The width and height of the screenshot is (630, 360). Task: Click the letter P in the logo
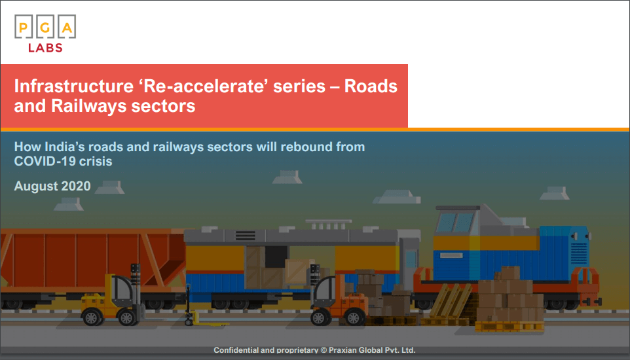pos(24,27)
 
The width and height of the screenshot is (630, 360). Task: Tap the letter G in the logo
pos(45,27)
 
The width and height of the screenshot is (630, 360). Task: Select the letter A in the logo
pos(67,27)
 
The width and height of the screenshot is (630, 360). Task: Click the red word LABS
pos(45,48)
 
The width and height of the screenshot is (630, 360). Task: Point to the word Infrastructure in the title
pos(74,86)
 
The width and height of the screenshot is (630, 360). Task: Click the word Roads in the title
pos(371,86)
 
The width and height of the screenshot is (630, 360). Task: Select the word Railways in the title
pos(88,107)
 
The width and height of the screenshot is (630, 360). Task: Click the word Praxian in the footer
pos(343,350)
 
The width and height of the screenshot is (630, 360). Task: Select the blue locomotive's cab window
pos(455,222)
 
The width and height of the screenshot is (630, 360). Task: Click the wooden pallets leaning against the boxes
pos(451,300)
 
